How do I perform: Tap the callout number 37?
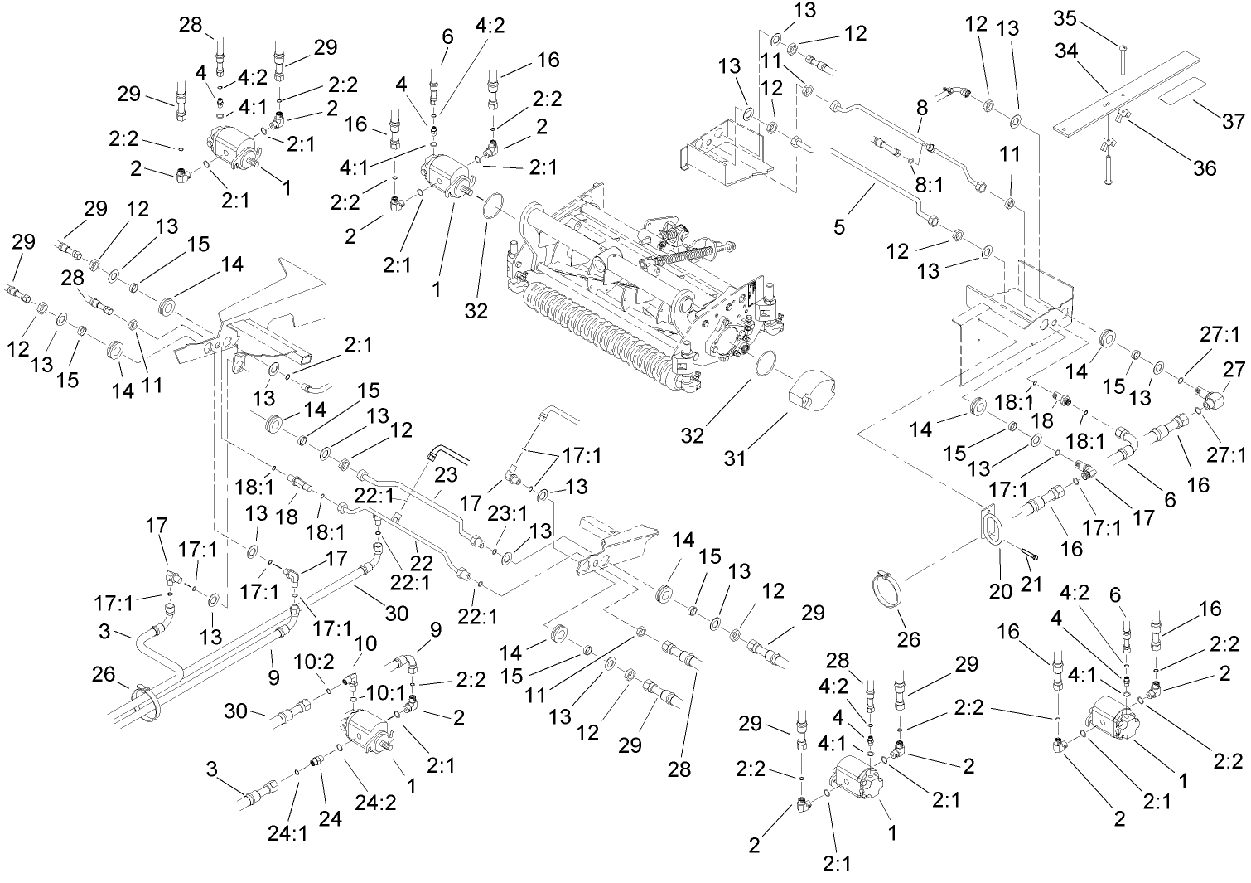tap(1233, 121)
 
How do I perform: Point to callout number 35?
tap(1065, 17)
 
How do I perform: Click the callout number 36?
tap(1204, 167)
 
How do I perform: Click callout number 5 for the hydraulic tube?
tap(840, 226)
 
